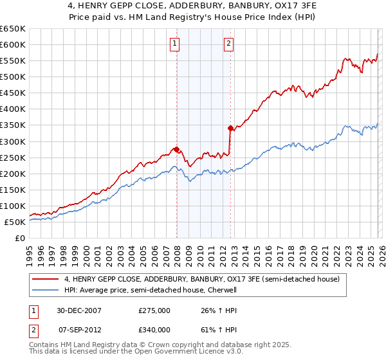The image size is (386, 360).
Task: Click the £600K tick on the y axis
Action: [x=13, y=44]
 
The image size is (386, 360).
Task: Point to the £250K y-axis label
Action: [x=13, y=157]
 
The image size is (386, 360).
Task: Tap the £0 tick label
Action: [x=19, y=238]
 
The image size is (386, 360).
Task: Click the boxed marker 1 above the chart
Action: [x=175, y=44]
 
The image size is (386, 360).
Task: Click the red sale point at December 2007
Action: [x=176, y=149]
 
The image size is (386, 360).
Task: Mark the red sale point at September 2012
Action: [x=230, y=128]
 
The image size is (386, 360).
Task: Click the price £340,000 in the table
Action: [x=154, y=330]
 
